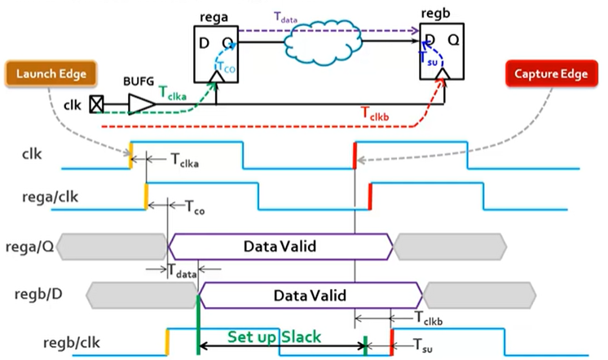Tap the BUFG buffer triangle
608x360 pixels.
pyautogui.click(x=140, y=104)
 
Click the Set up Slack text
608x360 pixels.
pyautogui.click(x=274, y=336)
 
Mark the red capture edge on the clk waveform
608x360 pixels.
pyautogui.click(x=355, y=155)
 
